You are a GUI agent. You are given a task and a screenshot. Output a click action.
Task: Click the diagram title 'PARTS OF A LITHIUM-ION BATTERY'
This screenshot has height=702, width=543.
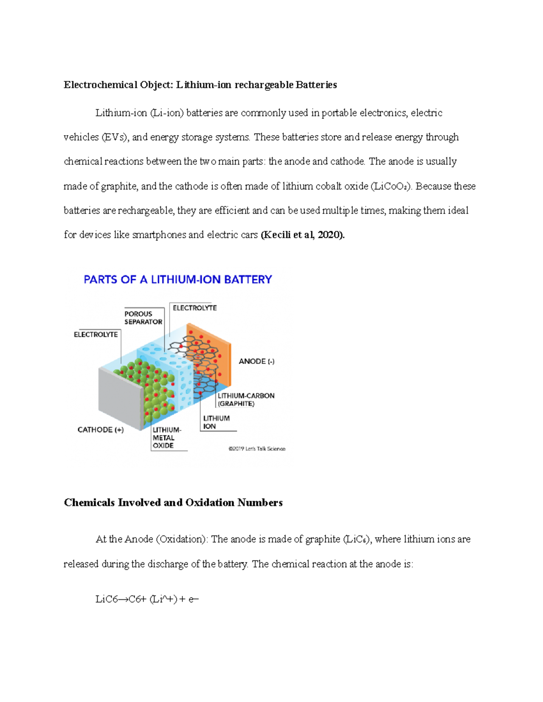tap(178, 280)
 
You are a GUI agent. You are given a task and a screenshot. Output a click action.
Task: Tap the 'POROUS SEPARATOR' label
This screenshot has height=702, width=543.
tap(143, 318)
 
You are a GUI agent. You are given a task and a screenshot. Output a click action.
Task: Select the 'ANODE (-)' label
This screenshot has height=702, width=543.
tap(257, 361)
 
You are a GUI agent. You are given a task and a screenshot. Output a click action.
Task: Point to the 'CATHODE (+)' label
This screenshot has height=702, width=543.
tap(100, 429)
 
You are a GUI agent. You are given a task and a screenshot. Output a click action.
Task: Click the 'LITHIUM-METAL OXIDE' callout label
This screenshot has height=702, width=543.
tap(167, 438)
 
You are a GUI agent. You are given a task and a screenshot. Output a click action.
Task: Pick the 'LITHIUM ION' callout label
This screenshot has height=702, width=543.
tap(216, 422)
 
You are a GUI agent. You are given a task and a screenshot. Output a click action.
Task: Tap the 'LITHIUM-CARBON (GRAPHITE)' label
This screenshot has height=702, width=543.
tap(246, 400)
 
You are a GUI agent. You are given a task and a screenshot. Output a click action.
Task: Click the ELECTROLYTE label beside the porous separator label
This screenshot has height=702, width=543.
tap(195, 308)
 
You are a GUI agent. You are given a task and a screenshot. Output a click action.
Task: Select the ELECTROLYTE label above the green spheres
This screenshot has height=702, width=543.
tap(95, 335)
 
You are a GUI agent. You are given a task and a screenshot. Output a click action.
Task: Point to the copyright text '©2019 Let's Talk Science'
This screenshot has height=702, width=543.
tap(257, 449)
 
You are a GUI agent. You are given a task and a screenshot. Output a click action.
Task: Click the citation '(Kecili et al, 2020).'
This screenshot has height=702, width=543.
tap(303, 235)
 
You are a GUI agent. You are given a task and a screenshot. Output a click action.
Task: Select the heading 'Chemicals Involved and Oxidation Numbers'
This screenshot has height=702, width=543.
tap(173, 503)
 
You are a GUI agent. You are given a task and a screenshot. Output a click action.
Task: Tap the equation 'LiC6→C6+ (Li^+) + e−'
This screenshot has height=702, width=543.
tap(147, 599)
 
